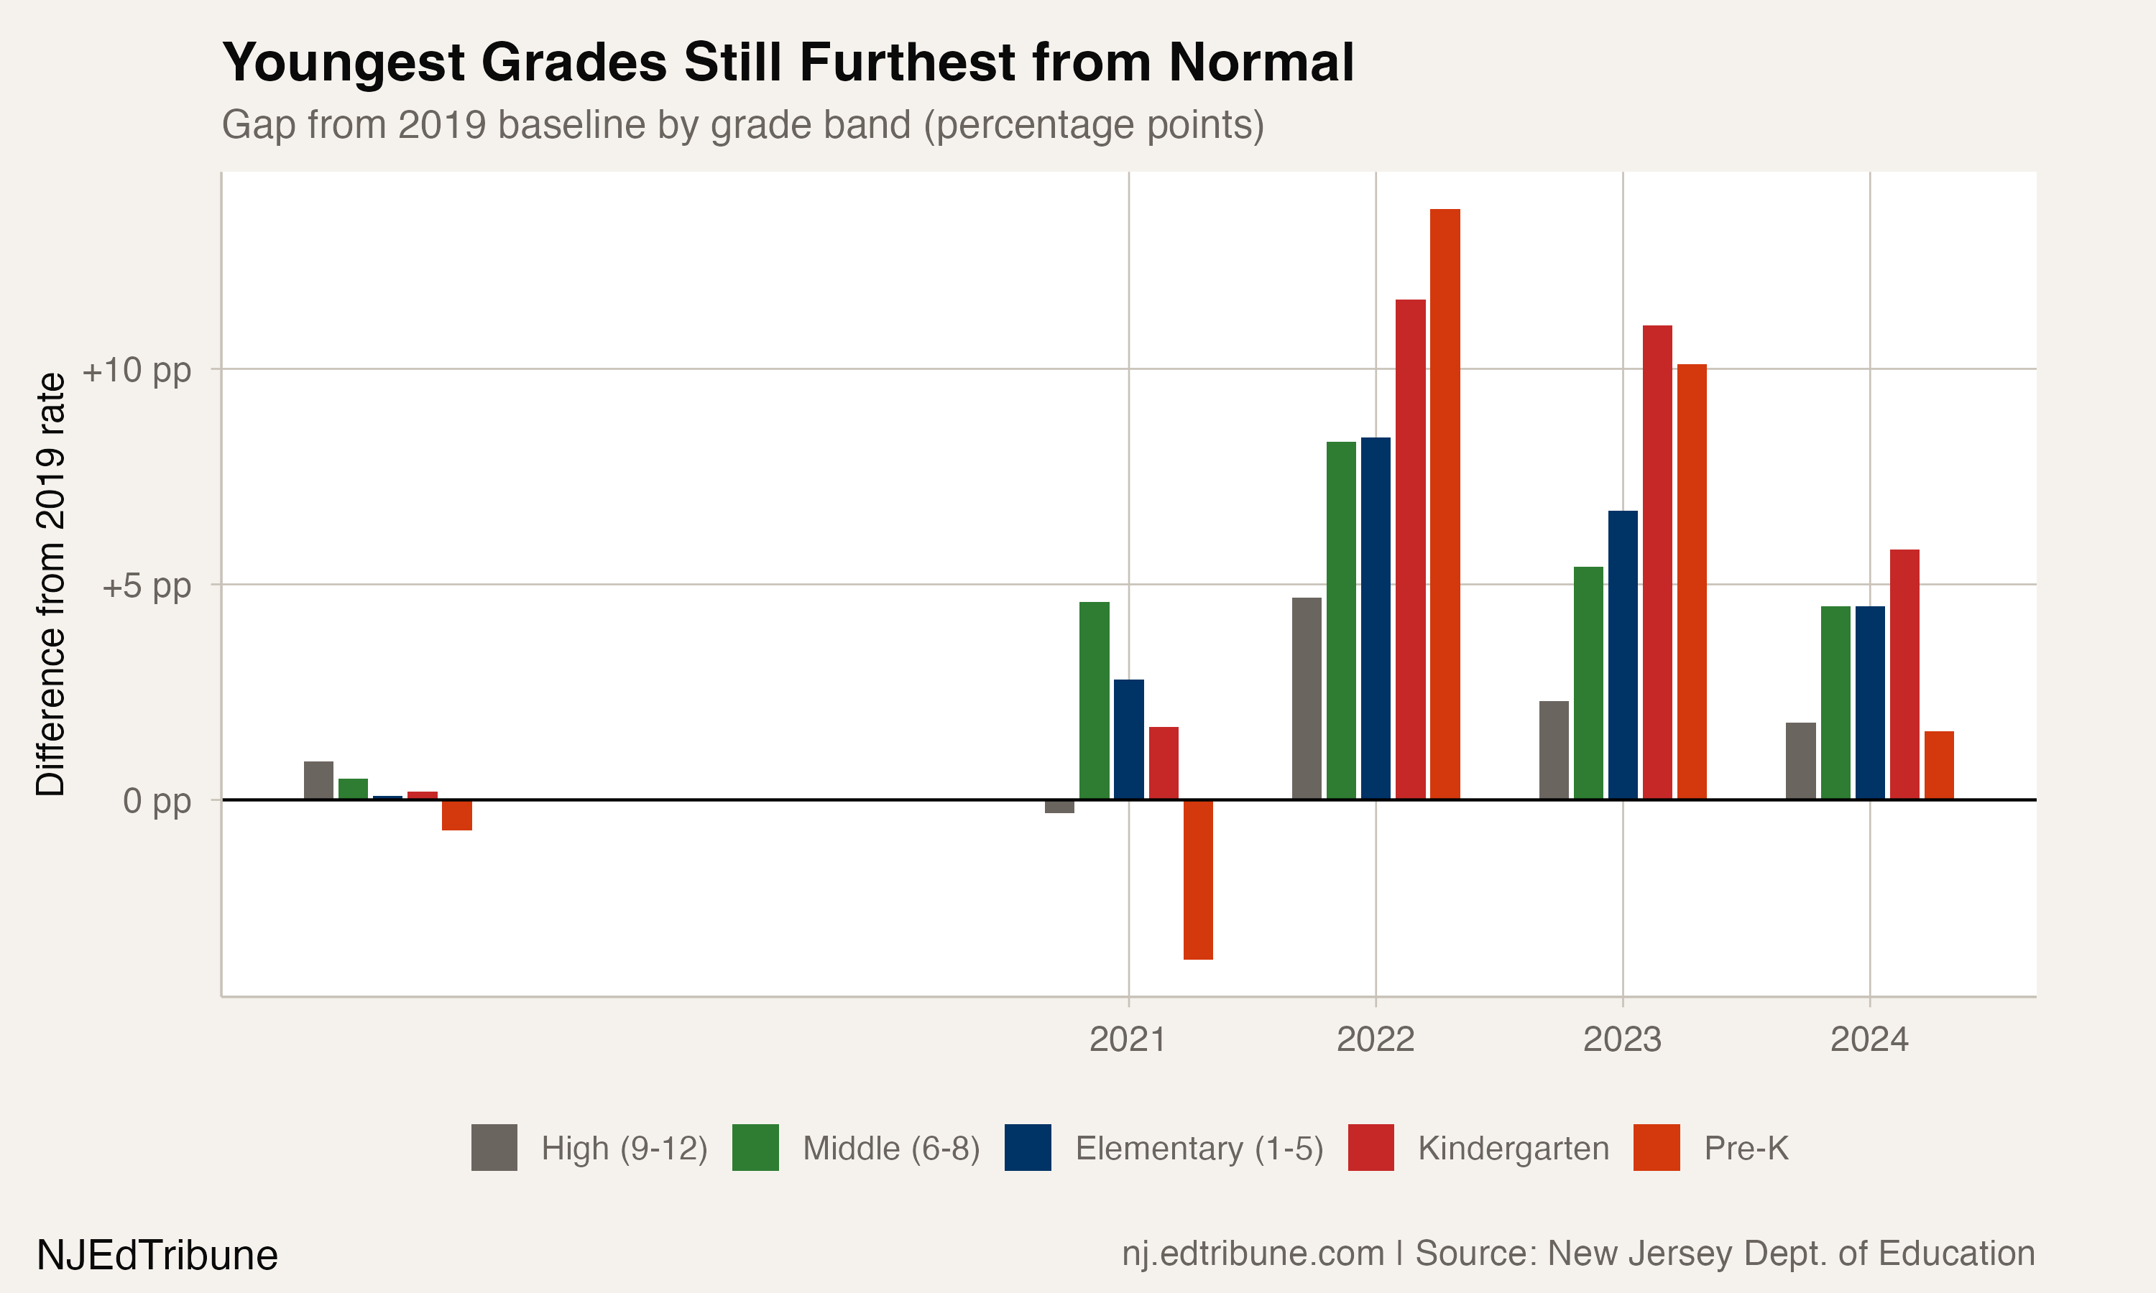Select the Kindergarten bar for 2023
pyautogui.click(x=1657, y=562)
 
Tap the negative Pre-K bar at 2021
pyautogui.click(x=1198, y=879)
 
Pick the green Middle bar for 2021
pyautogui.click(x=1094, y=700)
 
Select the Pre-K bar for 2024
pyautogui.click(x=1939, y=765)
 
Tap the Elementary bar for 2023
pyautogui.click(x=1623, y=654)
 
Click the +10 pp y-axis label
pyautogui.click(x=137, y=370)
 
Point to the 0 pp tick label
pyautogui.click(x=157, y=800)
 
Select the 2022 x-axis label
pyautogui.click(x=1376, y=1039)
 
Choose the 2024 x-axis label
pyautogui.click(x=1869, y=1039)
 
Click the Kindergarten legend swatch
pyautogui.click(x=1370, y=1147)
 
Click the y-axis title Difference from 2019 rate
pyautogui.click(x=50, y=584)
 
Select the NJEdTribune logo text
pyautogui.click(x=157, y=1256)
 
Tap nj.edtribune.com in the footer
pyautogui.click(x=1253, y=1253)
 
